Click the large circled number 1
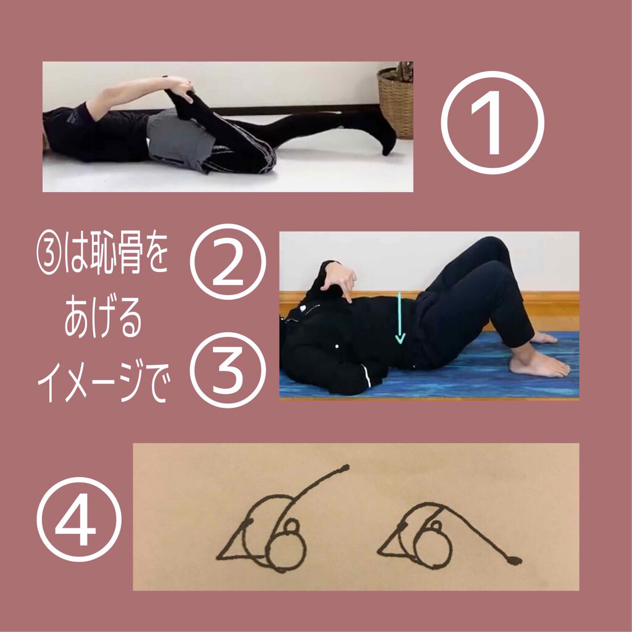[492, 122]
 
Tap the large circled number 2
[228, 262]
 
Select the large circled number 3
[228, 370]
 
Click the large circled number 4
[79, 523]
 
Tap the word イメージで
[102, 382]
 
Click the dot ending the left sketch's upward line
[345, 468]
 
